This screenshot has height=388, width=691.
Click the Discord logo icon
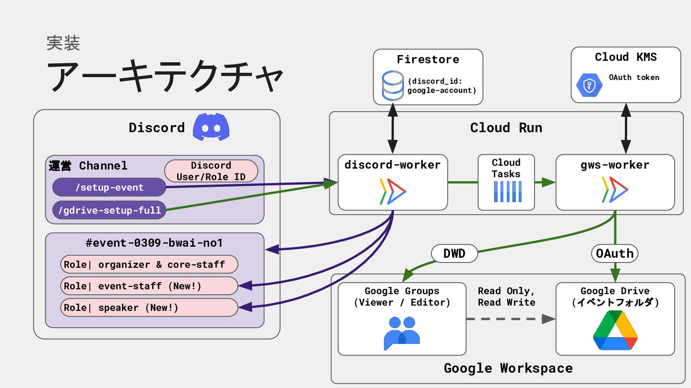(211, 127)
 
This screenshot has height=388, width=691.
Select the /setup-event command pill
(109, 187)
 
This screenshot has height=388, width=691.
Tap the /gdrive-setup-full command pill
(109, 210)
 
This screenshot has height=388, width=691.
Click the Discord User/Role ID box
(211, 171)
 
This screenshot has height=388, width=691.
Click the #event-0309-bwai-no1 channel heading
(154, 243)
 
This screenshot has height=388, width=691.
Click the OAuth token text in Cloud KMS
(634, 77)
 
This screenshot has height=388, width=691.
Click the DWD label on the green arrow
(454, 253)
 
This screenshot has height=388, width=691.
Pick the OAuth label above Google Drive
(615, 253)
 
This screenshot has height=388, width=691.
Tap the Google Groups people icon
(402, 333)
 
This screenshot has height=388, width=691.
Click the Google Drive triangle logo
(615, 331)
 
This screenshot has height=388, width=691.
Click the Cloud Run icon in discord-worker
(393, 191)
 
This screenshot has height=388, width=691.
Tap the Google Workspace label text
(508, 368)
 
